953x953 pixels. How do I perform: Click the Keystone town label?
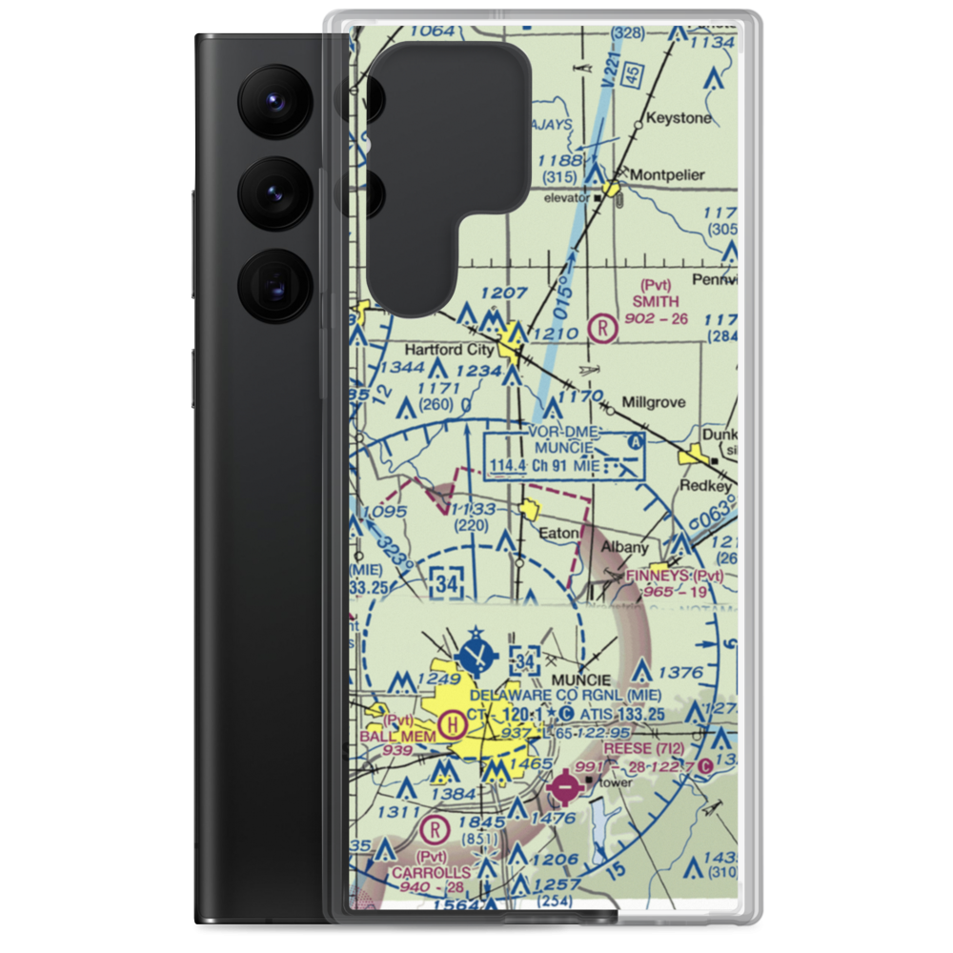[679, 118]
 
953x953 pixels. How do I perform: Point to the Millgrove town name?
[653, 402]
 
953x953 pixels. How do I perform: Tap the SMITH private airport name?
[656, 302]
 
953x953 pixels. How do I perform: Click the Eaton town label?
[559, 533]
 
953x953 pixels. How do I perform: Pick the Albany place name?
[624, 547]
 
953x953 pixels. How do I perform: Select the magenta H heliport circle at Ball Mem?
[452, 729]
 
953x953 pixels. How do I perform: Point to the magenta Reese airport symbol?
[565, 789]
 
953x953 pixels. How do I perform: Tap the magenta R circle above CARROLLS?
[436, 827]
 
